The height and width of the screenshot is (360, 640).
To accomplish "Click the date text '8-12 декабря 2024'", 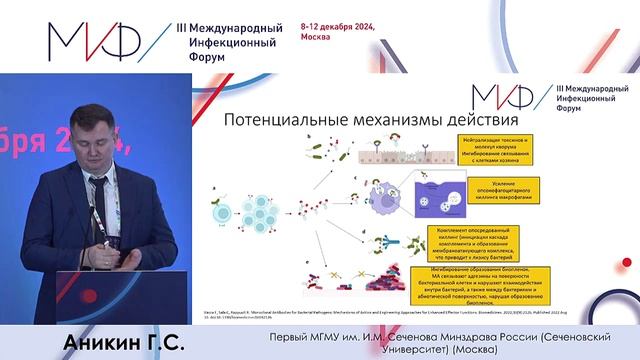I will tap(337, 28).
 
